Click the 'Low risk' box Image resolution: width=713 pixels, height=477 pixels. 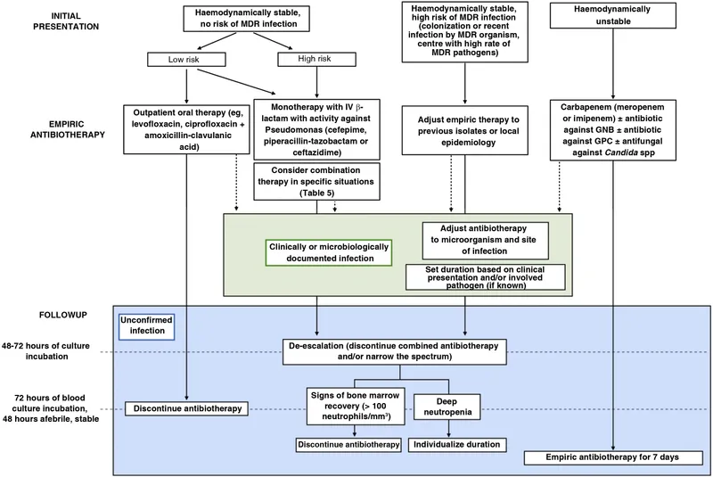click(x=185, y=59)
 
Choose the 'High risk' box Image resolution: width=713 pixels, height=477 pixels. click(x=305, y=59)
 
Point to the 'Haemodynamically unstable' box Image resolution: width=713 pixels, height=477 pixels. click(x=622, y=15)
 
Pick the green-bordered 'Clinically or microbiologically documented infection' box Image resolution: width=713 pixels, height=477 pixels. click(x=329, y=252)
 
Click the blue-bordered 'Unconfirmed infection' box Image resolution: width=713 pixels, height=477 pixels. click(x=145, y=330)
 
